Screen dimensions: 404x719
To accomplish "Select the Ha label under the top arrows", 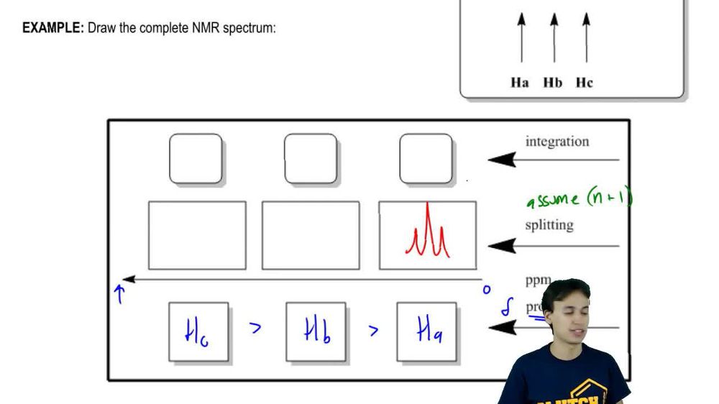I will (520, 83).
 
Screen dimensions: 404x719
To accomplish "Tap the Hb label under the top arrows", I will (553, 83).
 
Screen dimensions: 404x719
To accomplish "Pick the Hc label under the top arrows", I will (585, 83).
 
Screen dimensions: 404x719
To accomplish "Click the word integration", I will (557, 142).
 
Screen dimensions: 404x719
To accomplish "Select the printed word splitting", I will (549, 225).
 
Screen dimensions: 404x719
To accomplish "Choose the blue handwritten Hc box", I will (198, 331).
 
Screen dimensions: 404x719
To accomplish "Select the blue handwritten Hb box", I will (316, 331).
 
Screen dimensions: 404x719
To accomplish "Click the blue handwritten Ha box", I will (428, 331).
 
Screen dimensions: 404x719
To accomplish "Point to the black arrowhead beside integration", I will (502, 159).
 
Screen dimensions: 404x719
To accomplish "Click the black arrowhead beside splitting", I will (502, 246).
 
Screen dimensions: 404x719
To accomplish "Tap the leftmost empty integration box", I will (196, 159).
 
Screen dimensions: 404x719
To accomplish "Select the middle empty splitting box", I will (311, 235).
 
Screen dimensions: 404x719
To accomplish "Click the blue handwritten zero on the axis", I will (486, 290).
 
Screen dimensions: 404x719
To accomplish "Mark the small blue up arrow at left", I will (120, 294).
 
